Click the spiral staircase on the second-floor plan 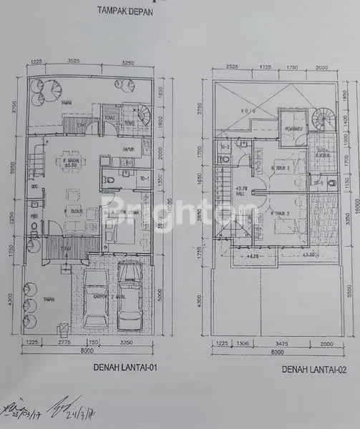point(323,121)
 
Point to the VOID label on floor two point(250,112)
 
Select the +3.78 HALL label point(241,192)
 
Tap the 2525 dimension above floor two point(230,66)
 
